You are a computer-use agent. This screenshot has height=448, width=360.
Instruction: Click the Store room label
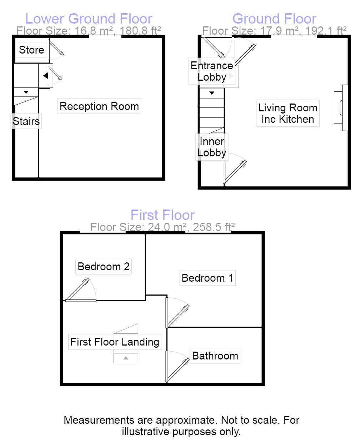tap(31, 50)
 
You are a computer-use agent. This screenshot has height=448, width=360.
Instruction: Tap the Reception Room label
tap(99, 106)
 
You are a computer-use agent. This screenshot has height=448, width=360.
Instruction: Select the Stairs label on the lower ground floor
tap(26, 121)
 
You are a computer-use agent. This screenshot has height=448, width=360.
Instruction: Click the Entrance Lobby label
tap(212, 71)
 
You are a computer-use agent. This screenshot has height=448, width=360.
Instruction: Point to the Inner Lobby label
tap(212, 147)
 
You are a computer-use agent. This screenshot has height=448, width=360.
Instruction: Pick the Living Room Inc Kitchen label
tap(288, 114)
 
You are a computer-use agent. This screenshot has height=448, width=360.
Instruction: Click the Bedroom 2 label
tap(103, 266)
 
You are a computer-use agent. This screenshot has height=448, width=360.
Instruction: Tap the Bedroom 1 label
tap(207, 278)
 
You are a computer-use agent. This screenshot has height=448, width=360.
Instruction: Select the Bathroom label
tap(215, 356)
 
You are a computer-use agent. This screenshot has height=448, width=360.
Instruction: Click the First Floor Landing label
tap(115, 342)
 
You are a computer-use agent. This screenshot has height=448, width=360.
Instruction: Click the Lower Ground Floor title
tap(89, 19)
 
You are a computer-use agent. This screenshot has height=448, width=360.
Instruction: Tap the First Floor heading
tap(162, 215)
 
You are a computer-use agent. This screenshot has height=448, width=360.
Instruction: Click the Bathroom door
tap(177, 368)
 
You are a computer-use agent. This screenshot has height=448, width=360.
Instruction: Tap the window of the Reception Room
tap(105, 36)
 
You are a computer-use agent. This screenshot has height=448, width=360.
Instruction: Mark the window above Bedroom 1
tap(208, 231)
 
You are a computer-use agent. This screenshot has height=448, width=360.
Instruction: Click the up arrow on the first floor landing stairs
tap(126, 358)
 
